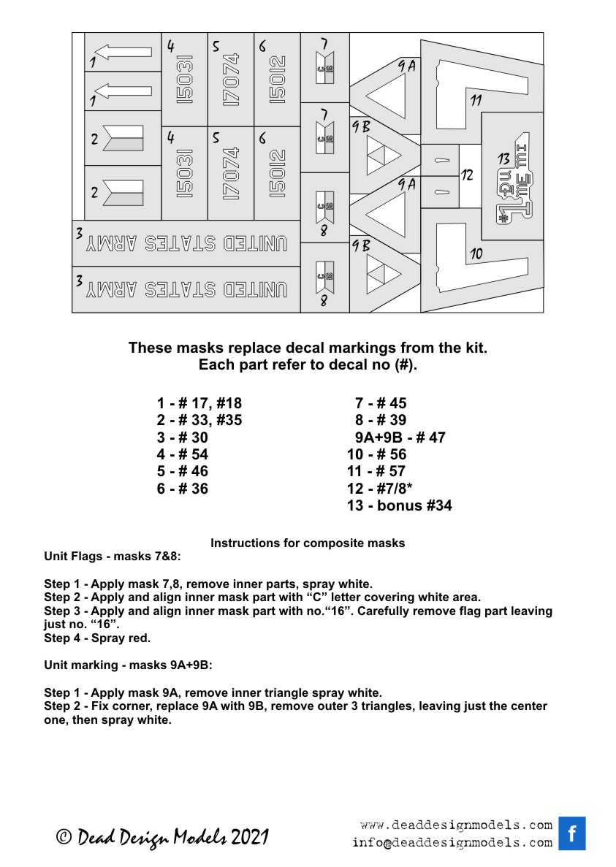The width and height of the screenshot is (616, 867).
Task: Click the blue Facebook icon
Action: click(572, 833)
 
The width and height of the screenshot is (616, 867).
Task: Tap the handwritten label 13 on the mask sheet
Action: click(503, 158)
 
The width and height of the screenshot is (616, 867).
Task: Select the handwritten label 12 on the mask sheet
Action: click(468, 175)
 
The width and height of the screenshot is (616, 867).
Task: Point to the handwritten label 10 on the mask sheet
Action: click(476, 253)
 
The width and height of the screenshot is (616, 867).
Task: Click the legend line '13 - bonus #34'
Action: click(399, 505)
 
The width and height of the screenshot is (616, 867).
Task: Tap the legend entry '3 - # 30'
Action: click(182, 438)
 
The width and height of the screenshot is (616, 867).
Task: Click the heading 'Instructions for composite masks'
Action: click(308, 543)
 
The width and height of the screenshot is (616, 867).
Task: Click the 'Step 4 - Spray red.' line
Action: click(98, 638)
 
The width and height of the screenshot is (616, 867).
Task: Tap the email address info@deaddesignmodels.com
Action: click(452, 842)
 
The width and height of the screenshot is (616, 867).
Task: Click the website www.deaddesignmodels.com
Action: click(456, 825)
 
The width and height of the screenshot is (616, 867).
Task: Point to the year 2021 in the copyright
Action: click(251, 837)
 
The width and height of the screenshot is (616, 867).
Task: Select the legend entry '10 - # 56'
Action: click(376, 454)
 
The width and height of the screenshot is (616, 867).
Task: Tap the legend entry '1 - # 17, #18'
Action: click(199, 403)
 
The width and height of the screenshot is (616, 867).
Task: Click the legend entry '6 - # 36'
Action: click(182, 489)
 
